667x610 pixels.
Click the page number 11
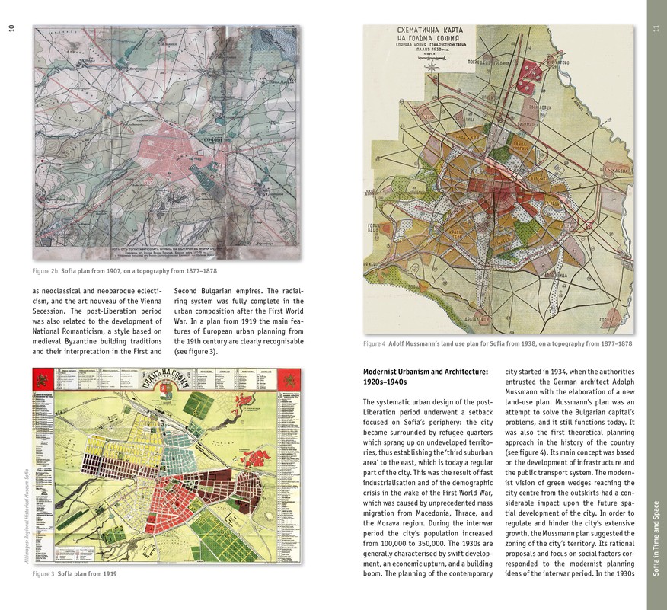point(655,30)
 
